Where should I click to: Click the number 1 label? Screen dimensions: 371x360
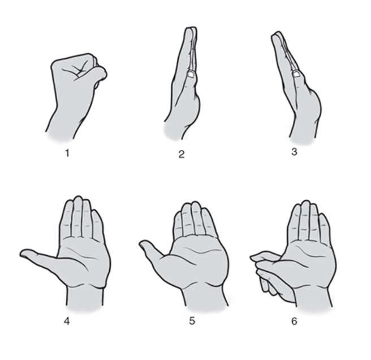click(x=67, y=153)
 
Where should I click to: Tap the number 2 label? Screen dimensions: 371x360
click(x=182, y=154)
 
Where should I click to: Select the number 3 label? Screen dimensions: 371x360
click(x=294, y=152)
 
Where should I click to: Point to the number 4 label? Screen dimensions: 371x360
click(x=67, y=321)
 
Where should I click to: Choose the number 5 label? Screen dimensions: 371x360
click(x=192, y=321)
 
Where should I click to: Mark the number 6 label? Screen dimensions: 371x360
click(x=294, y=321)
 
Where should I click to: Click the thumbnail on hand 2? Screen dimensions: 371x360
click(x=191, y=74)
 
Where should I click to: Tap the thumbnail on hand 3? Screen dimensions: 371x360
click(x=296, y=74)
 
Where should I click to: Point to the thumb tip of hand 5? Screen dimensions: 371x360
click(x=141, y=245)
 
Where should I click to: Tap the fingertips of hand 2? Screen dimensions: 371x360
click(x=191, y=29)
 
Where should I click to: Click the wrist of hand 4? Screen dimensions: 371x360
click(x=85, y=296)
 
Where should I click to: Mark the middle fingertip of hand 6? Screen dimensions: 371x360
click(x=306, y=204)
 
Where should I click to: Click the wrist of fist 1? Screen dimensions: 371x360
click(x=63, y=126)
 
